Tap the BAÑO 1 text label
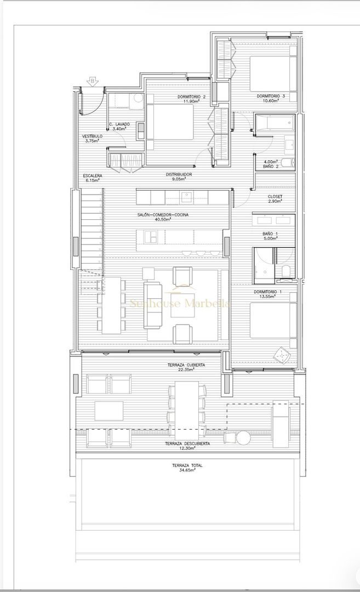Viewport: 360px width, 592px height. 270,234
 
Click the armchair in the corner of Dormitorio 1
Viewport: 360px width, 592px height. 283,355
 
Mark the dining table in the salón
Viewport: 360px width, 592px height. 111,305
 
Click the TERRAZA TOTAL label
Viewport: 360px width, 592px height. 187,465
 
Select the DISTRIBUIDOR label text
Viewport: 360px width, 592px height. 179,174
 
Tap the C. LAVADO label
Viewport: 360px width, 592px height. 119,124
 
